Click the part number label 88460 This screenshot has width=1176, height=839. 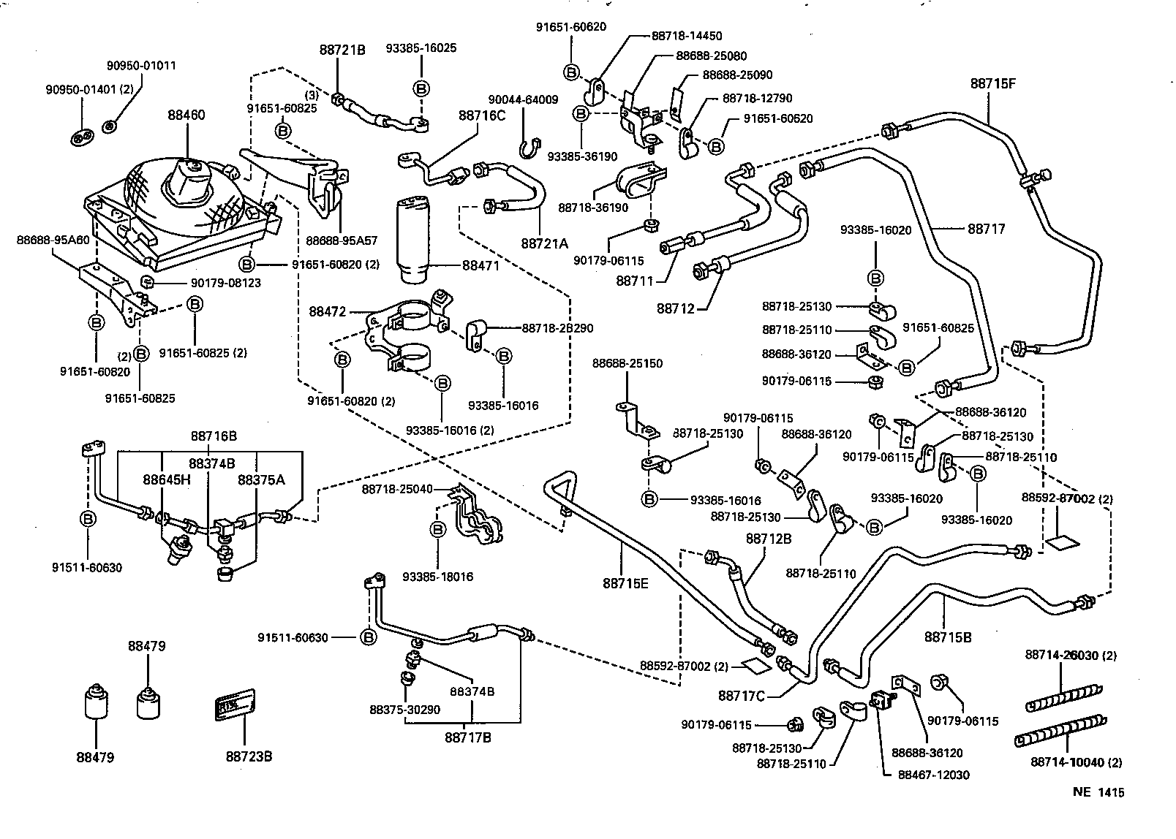[186, 115]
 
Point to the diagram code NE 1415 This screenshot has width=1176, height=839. [1098, 791]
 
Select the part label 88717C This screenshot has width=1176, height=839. [741, 695]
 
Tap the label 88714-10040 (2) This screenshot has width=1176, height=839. [1076, 762]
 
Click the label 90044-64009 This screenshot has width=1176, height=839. [523, 100]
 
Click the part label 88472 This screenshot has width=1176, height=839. [327, 311]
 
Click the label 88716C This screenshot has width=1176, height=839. [482, 115]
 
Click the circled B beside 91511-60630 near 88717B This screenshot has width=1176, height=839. [369, 637]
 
